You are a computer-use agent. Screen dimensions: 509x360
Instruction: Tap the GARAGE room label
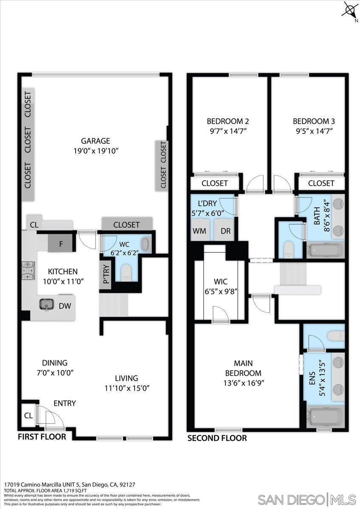pos(96,141)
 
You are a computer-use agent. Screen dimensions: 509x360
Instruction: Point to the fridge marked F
pos(61,244)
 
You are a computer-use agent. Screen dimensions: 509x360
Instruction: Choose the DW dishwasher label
pos(65,305)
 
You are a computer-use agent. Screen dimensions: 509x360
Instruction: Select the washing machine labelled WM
pos(200,231)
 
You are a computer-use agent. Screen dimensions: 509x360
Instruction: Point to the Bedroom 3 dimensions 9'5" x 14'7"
pos(313,131)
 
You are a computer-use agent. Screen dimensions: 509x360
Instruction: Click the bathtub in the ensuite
pos(326,417)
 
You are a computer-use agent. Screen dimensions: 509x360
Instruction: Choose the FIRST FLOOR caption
pos(42,436)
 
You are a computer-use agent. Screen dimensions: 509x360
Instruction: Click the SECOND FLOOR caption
pos(217,438)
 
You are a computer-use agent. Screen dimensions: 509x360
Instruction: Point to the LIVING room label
pos(127,378)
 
